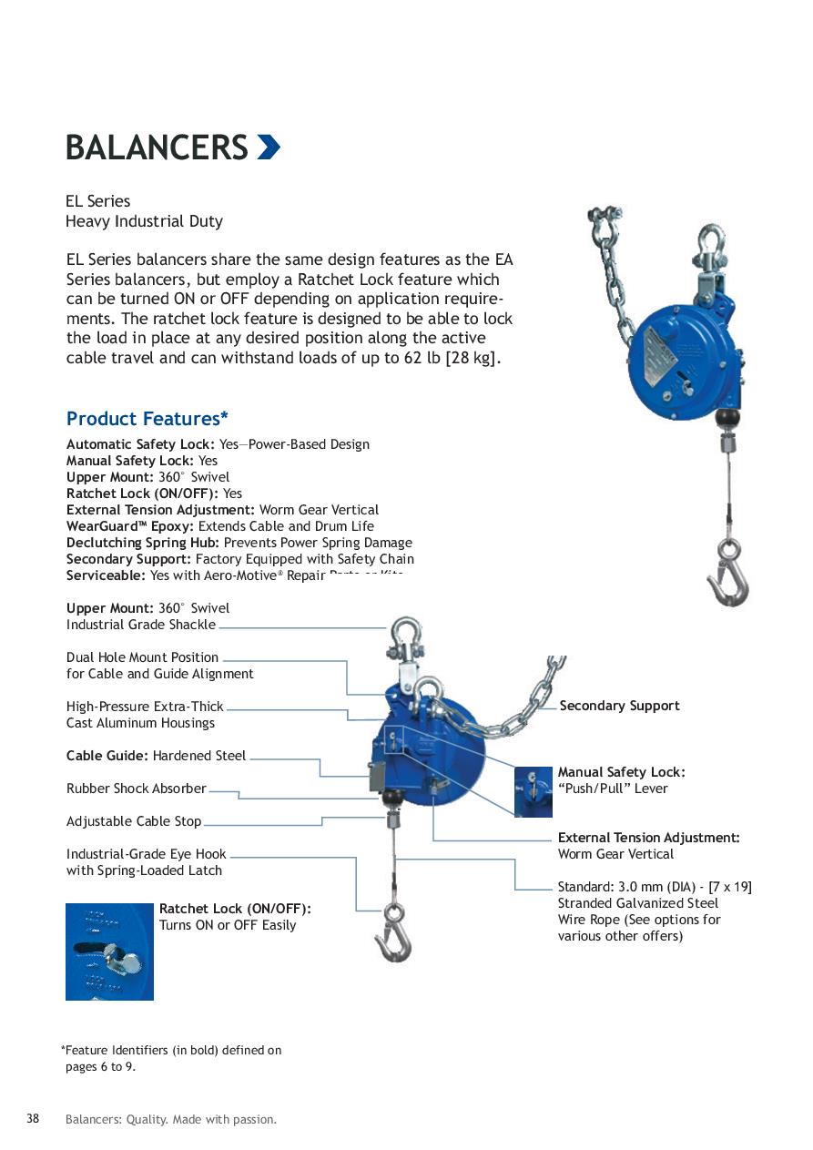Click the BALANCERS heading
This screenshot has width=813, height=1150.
(157, 148)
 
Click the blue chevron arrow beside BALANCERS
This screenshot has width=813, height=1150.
(268, 148)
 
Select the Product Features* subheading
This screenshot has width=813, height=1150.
(147, 419)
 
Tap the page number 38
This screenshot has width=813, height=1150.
(33, 1119)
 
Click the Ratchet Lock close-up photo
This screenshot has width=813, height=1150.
(109, 952)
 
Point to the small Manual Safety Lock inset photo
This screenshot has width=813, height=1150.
(533, 791)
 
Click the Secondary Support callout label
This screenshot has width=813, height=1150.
(619, 706)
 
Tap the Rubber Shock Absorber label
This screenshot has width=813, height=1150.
(137, 789)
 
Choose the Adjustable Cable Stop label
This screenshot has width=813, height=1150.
(134, 821)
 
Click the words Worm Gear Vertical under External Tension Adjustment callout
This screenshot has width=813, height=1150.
(615, 854)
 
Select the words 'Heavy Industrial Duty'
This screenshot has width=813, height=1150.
(144, 221)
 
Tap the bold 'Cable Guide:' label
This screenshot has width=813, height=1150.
(107, 756)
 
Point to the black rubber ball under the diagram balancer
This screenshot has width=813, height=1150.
(392, 799)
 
